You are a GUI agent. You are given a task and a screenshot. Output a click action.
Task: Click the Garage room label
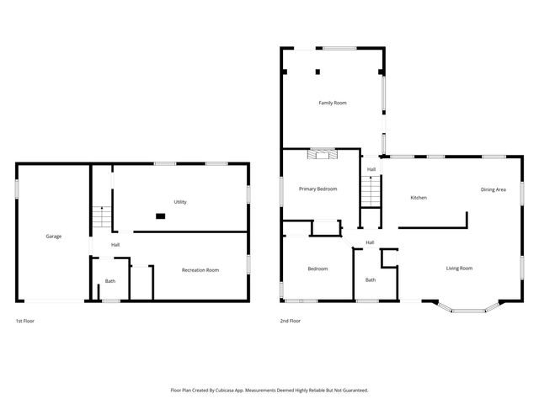(x=53, y=237)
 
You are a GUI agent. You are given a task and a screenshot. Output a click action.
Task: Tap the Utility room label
(x=180, y=202)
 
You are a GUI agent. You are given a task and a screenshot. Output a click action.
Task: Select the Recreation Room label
(x=200, y=270)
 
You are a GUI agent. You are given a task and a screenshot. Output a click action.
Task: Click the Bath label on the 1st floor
(x=110, y=281)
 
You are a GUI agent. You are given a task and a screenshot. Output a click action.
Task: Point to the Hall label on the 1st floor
(x=115, y=245)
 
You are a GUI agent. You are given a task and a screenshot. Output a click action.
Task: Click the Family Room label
(x=333, y=103)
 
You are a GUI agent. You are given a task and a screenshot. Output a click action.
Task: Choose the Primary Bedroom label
(x=318, y=189)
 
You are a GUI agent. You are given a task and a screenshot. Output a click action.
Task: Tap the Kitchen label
(x=419, y=198)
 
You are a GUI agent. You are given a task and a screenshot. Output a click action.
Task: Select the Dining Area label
(x=494, y=189)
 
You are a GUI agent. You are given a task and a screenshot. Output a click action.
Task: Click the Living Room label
(x=459, y=268)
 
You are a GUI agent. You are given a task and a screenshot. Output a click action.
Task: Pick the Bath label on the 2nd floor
(x=371, y=280)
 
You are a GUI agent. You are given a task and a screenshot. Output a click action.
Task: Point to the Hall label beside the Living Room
(x=370, y=243)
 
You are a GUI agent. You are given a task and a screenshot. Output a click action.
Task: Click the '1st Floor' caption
(x=26, y=321)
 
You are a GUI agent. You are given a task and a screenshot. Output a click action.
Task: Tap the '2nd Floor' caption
(x=291, y=321)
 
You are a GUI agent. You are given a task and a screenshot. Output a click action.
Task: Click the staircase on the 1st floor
(x=102, y=217)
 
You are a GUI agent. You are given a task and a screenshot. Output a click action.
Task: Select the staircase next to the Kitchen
(x=371, y=194)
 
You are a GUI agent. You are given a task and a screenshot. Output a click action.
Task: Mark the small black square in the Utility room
(x=160, y=215)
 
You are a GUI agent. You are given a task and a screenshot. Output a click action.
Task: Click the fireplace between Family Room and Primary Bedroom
(x=322, y=153)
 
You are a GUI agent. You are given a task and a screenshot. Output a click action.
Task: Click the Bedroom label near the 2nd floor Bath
(x=318, y=268)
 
